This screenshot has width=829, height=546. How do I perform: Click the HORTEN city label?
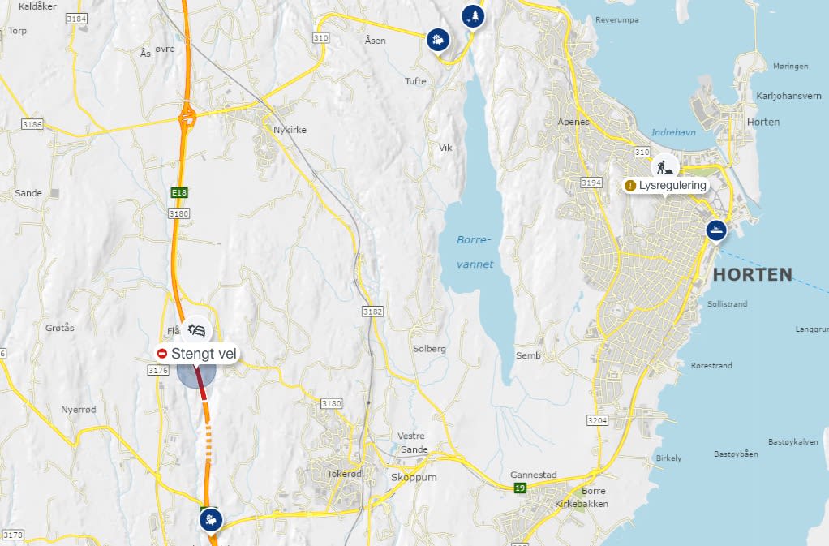click(752, 274)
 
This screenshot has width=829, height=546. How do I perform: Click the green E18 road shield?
click(178, 192)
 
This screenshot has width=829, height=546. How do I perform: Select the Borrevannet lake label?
click(475, 252)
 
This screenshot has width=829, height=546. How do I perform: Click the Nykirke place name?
click(290, 130)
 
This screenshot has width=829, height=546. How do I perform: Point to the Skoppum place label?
click(414, 477)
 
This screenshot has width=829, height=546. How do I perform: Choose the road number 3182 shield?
click(372, 312)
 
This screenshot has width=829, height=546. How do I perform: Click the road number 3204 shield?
click(597, 420)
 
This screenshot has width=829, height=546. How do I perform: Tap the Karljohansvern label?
click(788, 96)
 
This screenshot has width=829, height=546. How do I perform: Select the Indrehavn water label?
click(673, 132)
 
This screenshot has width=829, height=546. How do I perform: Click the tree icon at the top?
click(471, 16)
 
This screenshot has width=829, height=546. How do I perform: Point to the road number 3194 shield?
click(591, 183)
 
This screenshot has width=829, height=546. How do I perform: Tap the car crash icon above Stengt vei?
click(197, 331)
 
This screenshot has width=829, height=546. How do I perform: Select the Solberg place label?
click(430, 349)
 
